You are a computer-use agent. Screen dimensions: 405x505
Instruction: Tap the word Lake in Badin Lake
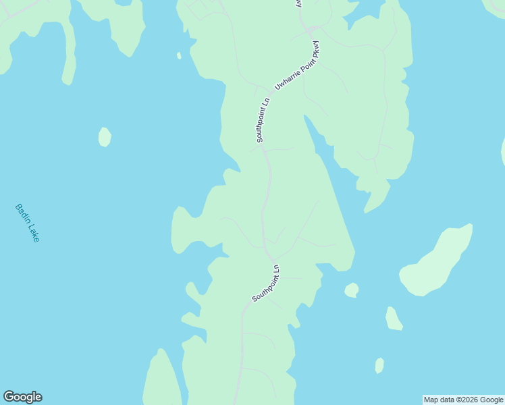(34, 233)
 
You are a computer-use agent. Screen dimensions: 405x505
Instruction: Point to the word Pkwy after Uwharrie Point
(315, 51)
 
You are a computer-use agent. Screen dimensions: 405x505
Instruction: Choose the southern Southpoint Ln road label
(265, 283)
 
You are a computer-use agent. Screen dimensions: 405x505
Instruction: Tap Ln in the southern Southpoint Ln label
(275, 270)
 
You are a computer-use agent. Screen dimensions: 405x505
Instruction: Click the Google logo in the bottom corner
(22, 397)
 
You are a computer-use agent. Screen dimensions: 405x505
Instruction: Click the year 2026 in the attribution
(469, 400)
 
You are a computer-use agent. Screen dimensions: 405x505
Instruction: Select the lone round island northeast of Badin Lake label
(105, 136)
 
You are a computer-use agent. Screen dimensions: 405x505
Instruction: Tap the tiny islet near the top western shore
(179, 55)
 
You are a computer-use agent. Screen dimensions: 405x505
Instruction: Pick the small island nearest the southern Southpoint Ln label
(351, 290)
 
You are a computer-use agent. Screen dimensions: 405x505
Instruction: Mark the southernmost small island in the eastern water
(379, 365)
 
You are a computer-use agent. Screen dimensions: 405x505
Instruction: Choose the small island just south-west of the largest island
(394, 319)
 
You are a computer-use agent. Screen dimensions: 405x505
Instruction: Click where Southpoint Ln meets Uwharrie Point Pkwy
(271, 92)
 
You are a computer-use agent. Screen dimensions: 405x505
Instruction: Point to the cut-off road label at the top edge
(298, 3)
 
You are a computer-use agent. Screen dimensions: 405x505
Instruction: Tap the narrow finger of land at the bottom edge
(161, 381)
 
